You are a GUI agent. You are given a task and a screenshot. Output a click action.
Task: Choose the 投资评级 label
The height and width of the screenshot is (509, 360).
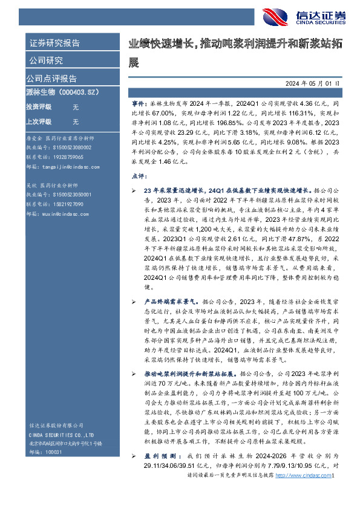(x=38, y=106)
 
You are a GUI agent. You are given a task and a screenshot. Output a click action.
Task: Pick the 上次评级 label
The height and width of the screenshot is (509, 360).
(x=38, y=121)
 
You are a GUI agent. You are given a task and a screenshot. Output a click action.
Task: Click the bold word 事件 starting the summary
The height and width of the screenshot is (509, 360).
(x=139, y=105)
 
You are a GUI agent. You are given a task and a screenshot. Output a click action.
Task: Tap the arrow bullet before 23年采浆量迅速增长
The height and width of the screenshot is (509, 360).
(x=134, y=189)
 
